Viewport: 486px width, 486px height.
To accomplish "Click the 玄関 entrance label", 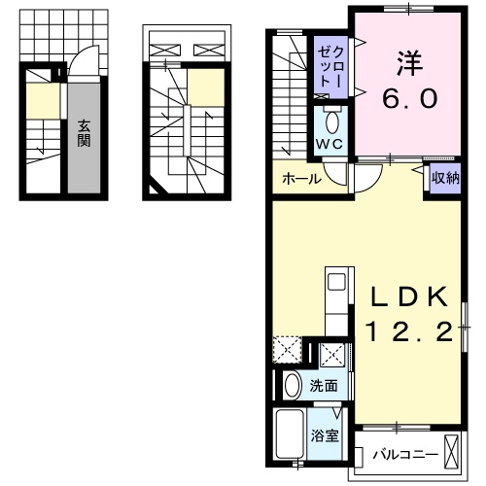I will pos(84,133).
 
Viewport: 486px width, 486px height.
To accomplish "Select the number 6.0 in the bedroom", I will pos(408,99).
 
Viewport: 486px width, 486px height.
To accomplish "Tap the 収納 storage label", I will pos(445,178).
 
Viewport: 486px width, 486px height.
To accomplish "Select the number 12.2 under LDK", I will pos(408,333).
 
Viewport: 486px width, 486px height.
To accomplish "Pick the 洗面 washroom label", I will pos(324,386).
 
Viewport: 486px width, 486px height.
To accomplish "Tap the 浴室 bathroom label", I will pos(325,435).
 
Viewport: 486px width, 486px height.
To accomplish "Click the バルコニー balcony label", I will pos(404,454).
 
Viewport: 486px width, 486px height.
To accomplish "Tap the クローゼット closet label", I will pos(323,65).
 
